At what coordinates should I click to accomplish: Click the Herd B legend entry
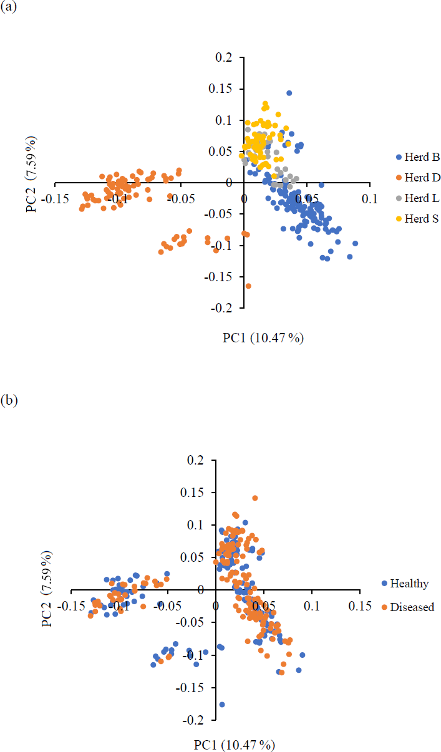tap(419, 157)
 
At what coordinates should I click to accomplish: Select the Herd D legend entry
tap(419, 177)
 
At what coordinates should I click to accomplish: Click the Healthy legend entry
tap(409, 584)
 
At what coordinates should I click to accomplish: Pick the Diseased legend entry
tap(412, 607)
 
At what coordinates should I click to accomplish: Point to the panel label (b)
tap(8, 400)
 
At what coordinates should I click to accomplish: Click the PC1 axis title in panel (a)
tap(263, 338)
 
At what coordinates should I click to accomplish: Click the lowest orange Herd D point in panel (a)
tap(248, 286)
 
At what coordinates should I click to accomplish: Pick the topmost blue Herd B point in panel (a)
tap(289, 93)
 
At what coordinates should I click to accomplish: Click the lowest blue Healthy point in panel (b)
tap(221, 704)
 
